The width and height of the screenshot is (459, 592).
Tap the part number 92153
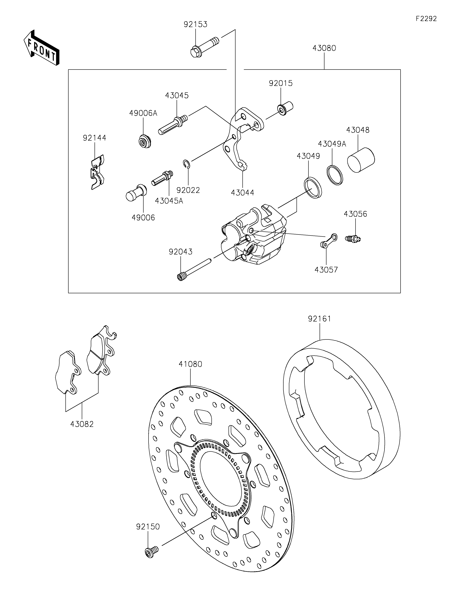(x=196, y=24)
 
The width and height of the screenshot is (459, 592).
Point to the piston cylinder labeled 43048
(x=361, y=160)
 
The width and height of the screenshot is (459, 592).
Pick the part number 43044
(x=243, y=193)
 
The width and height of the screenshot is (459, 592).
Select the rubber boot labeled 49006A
(x=144, y=141)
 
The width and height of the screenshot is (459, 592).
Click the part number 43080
(x=324, y=48)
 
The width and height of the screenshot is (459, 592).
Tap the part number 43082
(x=82, y=424)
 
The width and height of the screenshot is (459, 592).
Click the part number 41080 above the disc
(x=190, y=364)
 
